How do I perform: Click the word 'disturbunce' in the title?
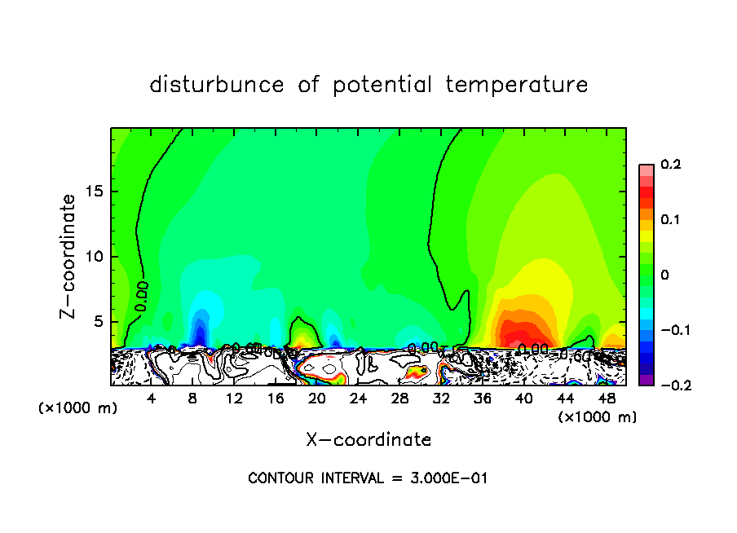[x=217, y=85]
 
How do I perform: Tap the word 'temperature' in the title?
[x=517, y=85]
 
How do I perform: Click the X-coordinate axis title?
[x=368, y=440]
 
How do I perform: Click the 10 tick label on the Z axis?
[x=95, y=257]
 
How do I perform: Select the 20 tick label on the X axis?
[x=317, y=399]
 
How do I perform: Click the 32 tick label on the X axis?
[x=441, y=399]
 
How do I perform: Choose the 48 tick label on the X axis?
[x=607, y=399]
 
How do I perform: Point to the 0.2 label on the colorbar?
[x=670, y=165]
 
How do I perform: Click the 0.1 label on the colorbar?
[x=670, y=220]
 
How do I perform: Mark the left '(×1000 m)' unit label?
[x=78, y=408]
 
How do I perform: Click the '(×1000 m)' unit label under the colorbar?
[x=598, y=417]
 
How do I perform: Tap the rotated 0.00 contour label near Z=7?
[x=142, y=296]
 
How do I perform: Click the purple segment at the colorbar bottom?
[x=647, y=380]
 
